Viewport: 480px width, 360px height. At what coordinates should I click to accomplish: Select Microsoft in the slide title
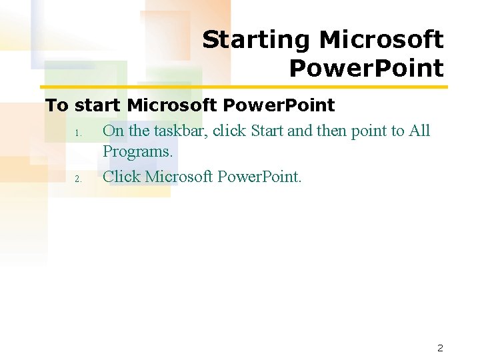coord(381,40)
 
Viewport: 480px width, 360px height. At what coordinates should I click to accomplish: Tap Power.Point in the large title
coord(366,68)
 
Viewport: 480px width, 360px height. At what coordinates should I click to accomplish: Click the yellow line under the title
coord(243,87)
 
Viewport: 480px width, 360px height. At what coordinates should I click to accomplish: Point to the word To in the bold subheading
coord(57,105)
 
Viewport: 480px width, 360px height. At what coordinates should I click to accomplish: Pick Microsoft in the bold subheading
coord(172,105)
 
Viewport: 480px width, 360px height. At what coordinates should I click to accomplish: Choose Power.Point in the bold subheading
coord(279,105)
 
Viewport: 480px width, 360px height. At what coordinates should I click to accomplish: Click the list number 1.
coord(78,133)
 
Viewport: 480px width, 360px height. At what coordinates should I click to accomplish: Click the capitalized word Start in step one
coord(267,131)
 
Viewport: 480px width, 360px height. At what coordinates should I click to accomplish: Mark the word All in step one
coord(419,131)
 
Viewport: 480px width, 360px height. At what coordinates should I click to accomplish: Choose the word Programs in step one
coord(137,152)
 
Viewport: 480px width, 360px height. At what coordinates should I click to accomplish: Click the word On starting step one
coord(113,131)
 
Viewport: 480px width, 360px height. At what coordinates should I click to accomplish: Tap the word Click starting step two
coord(121,177)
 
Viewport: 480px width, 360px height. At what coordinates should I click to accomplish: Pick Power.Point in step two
coord(259,177)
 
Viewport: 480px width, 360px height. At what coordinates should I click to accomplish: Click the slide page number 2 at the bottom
coord(440,347)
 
